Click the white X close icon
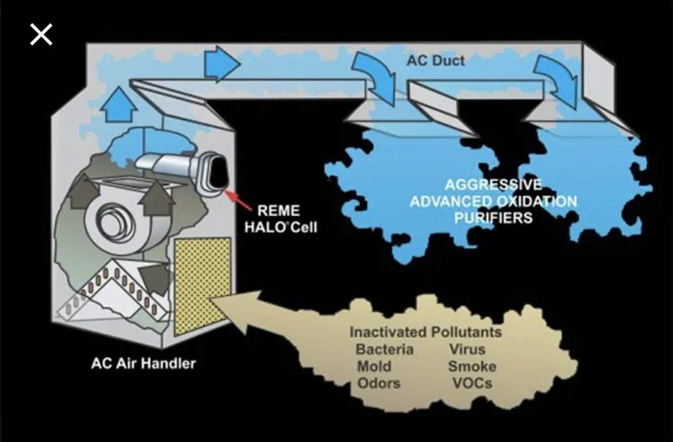[41, 34]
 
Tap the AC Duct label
[435, 60]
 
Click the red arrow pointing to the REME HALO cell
[238, 200]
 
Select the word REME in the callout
[278, 211]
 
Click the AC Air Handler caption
[144, 363]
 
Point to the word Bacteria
[385, 349]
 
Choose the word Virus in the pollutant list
[467, 349]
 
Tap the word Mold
[374, 366]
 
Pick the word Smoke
[472, 366]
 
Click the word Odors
[379, 383]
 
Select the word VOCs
[472, 383]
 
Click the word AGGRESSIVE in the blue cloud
[494, 185]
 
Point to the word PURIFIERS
[494, 218]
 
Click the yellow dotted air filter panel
[203, 286]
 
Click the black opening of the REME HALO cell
[218, 172]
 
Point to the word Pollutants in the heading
[466, 332]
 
